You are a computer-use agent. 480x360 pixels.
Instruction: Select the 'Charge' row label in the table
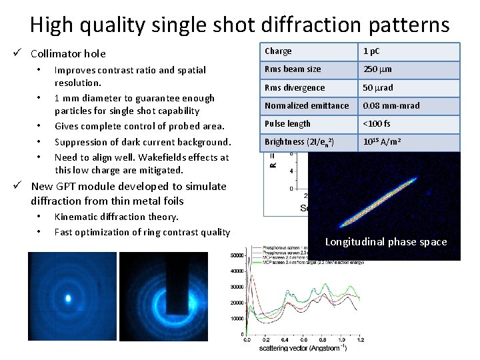point(278,51)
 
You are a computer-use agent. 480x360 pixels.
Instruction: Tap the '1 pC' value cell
point(372,51)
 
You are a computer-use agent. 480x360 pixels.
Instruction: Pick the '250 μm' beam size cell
point(377,69)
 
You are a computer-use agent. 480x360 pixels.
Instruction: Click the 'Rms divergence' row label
point(295,87)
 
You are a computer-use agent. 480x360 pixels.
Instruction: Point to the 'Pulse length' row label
point(287,123)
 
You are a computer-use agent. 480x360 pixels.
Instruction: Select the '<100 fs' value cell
point(377,123)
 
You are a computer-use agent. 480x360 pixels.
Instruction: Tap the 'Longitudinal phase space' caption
point(385,242)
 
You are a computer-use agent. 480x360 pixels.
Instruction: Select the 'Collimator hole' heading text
point(68,53)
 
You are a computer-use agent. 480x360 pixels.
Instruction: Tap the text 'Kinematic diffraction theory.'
point(116,217)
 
